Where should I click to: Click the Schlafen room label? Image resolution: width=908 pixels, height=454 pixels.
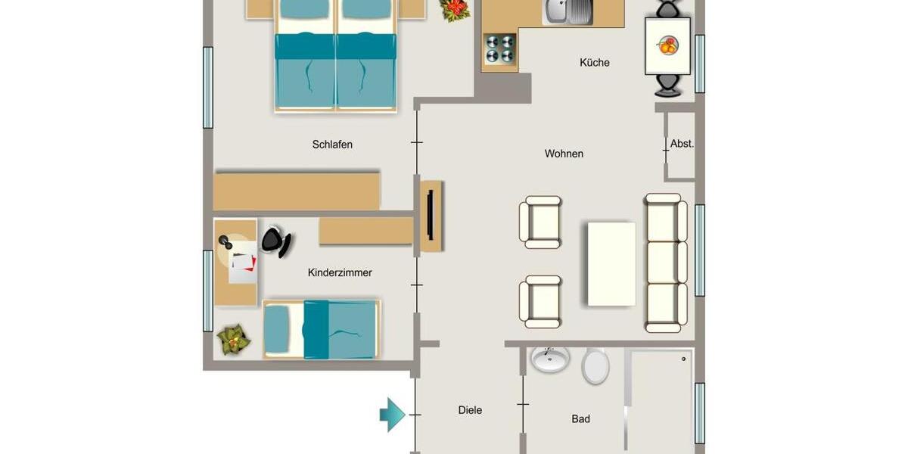coord(332,145)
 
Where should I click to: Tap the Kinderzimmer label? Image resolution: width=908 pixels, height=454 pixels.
coord(340,272)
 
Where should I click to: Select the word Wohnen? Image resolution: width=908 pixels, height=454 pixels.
coord(564,154)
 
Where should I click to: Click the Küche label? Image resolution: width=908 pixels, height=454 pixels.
coord(594,63)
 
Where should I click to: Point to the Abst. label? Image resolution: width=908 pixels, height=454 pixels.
coord(682,143)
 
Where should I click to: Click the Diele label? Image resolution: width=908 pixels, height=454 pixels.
coord(470,410)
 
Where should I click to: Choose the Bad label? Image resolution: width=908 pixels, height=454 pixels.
coord(580,418)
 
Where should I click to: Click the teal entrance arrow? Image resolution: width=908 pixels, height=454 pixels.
coord(393,414)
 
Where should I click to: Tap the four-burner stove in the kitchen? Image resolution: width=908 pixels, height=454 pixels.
coord(499,49)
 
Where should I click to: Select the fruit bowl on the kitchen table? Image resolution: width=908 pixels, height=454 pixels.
coord(668,45)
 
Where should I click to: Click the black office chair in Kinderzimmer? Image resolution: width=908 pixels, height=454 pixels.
coord(276,241)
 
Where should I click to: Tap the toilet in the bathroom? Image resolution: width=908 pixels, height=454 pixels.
coord(595,366)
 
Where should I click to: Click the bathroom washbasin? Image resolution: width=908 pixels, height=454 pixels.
coord(550,359)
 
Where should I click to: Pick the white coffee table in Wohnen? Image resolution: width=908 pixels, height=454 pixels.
coord(611,263)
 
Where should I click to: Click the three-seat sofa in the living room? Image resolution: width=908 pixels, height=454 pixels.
coord(666,263)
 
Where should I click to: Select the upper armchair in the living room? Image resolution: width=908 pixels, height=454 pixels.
coord(540,222)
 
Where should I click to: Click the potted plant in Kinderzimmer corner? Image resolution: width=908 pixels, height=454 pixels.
coord(234,340)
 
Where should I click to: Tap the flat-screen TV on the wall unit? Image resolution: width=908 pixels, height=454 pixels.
coord(429,216)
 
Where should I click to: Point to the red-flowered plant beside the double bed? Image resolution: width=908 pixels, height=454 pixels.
coord(456,9)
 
